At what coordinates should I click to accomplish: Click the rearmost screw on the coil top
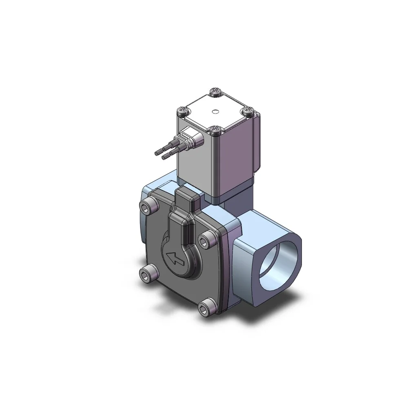tap(215, 92)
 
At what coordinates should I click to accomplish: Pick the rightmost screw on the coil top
tap(247, 110)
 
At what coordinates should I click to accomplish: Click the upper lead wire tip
tap(157, 153)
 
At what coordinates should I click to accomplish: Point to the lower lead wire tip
tap(164, 157)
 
